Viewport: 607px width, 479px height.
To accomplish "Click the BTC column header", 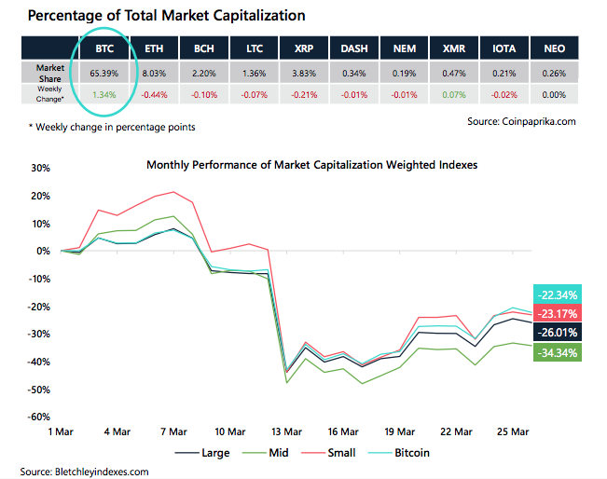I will tap(104, 48).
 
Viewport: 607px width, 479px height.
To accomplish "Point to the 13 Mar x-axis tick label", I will tap(286, 431).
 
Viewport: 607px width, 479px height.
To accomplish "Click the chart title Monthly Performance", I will tap(311, 165).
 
